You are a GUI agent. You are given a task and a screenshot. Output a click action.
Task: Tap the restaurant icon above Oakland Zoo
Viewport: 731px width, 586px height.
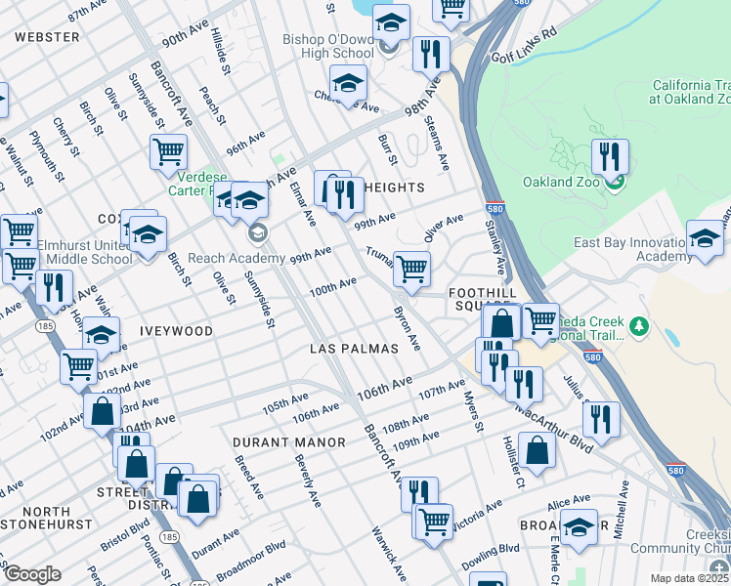coord(610,156)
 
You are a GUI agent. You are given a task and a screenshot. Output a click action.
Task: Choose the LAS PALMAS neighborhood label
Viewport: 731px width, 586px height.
coord(353,349)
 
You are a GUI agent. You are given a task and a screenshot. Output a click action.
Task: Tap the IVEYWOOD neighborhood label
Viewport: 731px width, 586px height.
coord(176,331)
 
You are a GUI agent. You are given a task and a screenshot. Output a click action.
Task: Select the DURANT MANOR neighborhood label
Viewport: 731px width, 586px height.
coord(289,442)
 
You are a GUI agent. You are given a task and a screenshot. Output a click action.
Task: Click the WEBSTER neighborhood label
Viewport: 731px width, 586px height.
coord(47,37)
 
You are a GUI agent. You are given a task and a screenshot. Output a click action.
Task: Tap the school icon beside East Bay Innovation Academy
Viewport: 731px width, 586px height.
coord(705,238)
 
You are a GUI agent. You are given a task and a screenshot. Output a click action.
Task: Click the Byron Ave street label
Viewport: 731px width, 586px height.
coord(407,329)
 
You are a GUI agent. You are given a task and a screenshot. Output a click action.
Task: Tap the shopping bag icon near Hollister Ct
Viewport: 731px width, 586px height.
coord(537,450)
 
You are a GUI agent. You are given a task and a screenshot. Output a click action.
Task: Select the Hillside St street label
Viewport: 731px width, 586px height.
coord(220,53)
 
